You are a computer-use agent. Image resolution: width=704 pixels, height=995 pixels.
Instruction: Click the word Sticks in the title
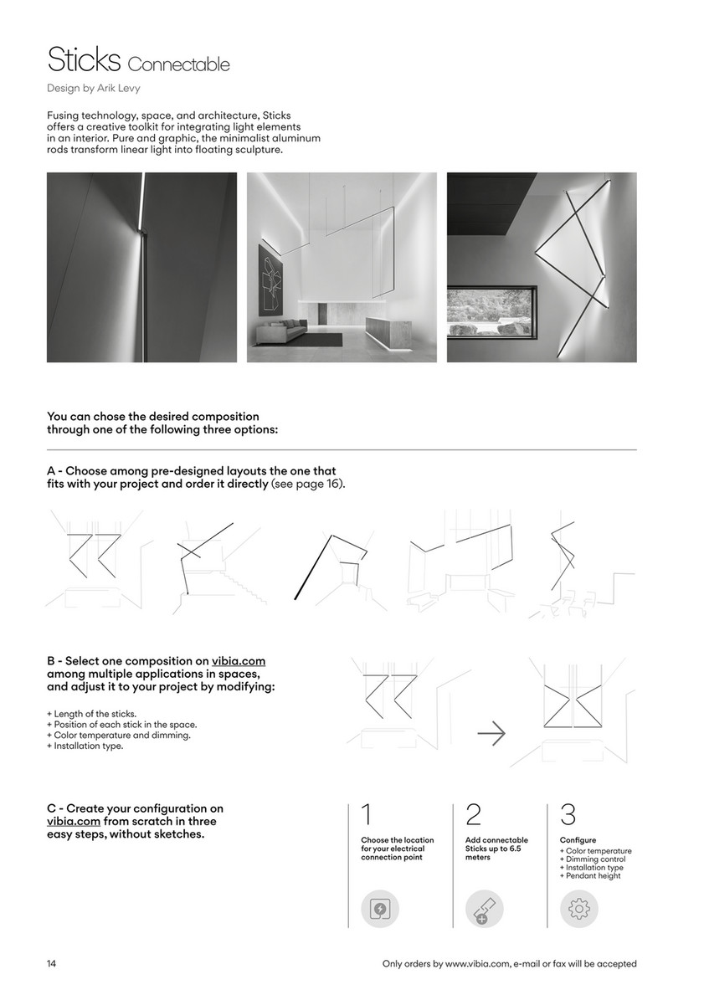tap(84, 60)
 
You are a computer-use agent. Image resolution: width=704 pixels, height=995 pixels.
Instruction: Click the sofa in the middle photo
tap(280, 332)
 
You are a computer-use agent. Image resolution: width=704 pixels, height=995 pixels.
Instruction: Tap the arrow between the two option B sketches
tap(491, 734)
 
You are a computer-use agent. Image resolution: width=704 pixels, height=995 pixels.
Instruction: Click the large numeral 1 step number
tap(367, 815)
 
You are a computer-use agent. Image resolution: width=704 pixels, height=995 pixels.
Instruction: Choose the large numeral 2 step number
tap(473, 815)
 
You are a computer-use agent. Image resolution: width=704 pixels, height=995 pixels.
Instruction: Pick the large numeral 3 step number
tap(568, 815)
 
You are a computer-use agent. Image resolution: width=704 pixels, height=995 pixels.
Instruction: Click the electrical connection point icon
tap(380, 908)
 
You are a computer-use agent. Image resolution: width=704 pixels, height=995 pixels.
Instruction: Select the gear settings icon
tap(578, 908)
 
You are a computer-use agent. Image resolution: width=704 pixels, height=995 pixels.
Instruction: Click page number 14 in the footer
tap(52, 964)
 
